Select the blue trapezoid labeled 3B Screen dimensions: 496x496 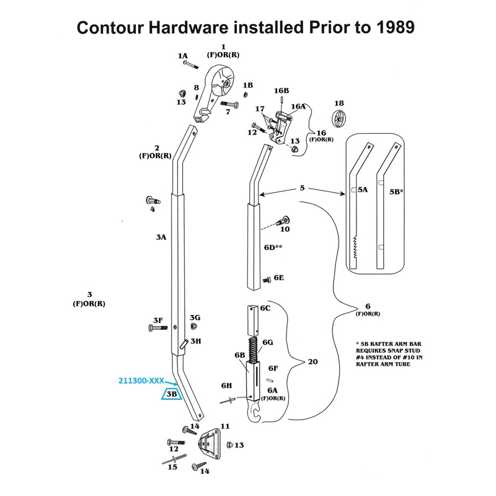[x=170, y=394]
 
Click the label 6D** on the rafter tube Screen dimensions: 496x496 [x=273, y=247]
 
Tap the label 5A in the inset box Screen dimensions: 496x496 [x=363, y=192]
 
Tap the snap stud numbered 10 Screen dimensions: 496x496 [x=285, y=220]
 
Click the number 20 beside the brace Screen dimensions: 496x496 [x=313, y=361]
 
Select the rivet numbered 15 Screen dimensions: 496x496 [x=170, y=459]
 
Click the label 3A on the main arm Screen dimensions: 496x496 [x=161, y=237]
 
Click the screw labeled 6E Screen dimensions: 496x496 [x=267, y=279]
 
